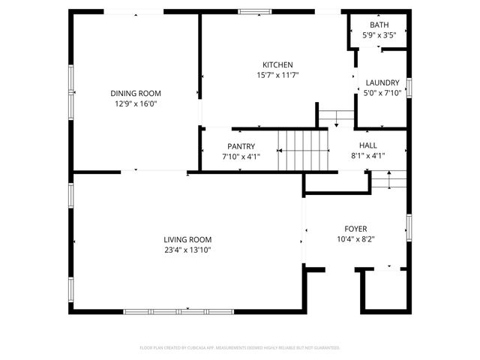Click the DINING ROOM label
pyautogui.click(x=136, y=93)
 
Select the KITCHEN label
pyautogui.click(x=277, y=64)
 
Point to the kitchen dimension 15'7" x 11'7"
pyautogui.click(x=277, y=75)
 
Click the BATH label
pyautogui.click(x=379, y=25)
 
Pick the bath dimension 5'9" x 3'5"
pyautogui.click(x=379, y=35)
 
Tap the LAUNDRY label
pyautogui.click(x=382, y=82)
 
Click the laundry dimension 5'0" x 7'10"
pyautogui.click(x=382, y=93)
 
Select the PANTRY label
pyautogui.click(x=241, y=146)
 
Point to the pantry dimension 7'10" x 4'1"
pyautogui.click(x=241, y=157)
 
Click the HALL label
pyautogui.click(x=368, y=145)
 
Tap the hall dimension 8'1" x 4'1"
pyautogui.click(x=368, y=156)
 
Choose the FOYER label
pyautogui.click(x=355, y=229)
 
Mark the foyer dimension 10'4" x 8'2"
pyautogui.click(x=355, y=239)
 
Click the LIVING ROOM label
pyautogui.click(x=187, y=239)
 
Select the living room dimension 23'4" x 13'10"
pyautogui.click(x=187, y=250)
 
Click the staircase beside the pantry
pyautogui.click(x=303, y=149)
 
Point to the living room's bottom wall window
pyautogui.click(x=178, y=310)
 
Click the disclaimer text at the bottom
pyautogui.click(x=240, y=348)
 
